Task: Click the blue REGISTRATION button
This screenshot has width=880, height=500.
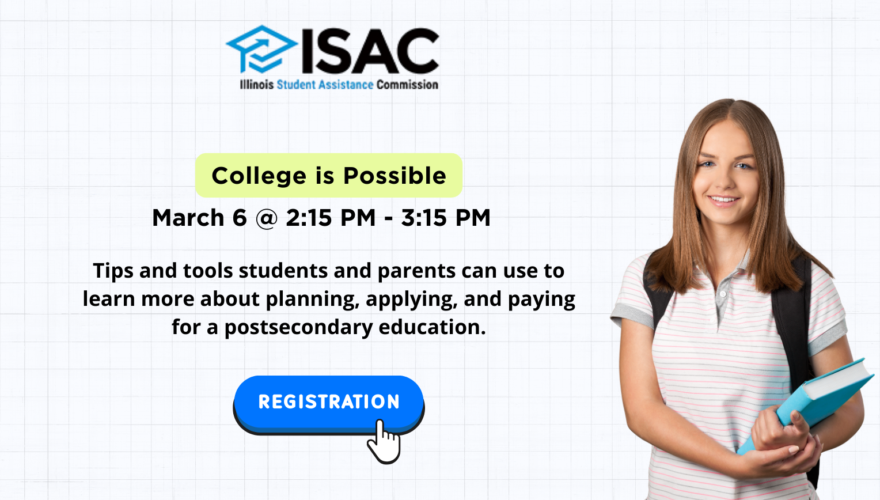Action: tap(328, 401)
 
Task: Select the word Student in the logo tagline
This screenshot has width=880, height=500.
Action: tap(296, 85)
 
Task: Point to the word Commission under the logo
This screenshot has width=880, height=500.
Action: tap(407, 85)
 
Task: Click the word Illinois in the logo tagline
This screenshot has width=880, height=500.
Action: tap(256, 85)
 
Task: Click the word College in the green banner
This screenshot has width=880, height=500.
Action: tap(259, 176)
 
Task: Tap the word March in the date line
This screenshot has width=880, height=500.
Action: tap(188, 218)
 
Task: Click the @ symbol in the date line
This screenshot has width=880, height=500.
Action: tap(266, 218)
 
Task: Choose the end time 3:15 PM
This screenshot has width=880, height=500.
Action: tap(446, 218)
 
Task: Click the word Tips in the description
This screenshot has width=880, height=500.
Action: tap(113, 271)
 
